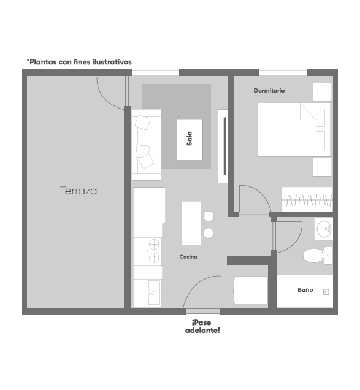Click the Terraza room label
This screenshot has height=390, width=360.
(79, 191)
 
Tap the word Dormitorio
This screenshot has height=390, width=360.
(269, 91)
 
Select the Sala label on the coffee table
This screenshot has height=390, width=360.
(190, 139)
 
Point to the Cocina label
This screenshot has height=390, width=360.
(188, 257)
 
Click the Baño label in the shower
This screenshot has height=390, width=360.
(305, 289)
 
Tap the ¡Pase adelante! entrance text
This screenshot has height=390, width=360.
(202, 327)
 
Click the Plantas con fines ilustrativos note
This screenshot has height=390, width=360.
(79, 62)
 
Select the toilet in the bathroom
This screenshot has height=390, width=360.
(318, 256)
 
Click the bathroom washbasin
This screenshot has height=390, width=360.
(323, 229)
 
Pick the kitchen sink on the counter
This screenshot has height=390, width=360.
(154, 292)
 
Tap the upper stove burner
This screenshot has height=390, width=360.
(154, 245)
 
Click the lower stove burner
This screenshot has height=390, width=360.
(154, 257)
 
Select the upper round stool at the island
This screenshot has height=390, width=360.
(209, 216)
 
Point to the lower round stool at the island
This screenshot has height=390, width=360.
(208, 233)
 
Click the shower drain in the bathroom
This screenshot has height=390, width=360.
(326, 292)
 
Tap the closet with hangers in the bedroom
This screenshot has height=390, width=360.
(307, 199)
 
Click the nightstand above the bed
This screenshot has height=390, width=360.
(322, 92)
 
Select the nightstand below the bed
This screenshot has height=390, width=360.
(322, 167)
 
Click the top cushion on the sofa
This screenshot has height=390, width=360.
(142, 122)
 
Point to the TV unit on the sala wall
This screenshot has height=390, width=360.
(223, 146)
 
